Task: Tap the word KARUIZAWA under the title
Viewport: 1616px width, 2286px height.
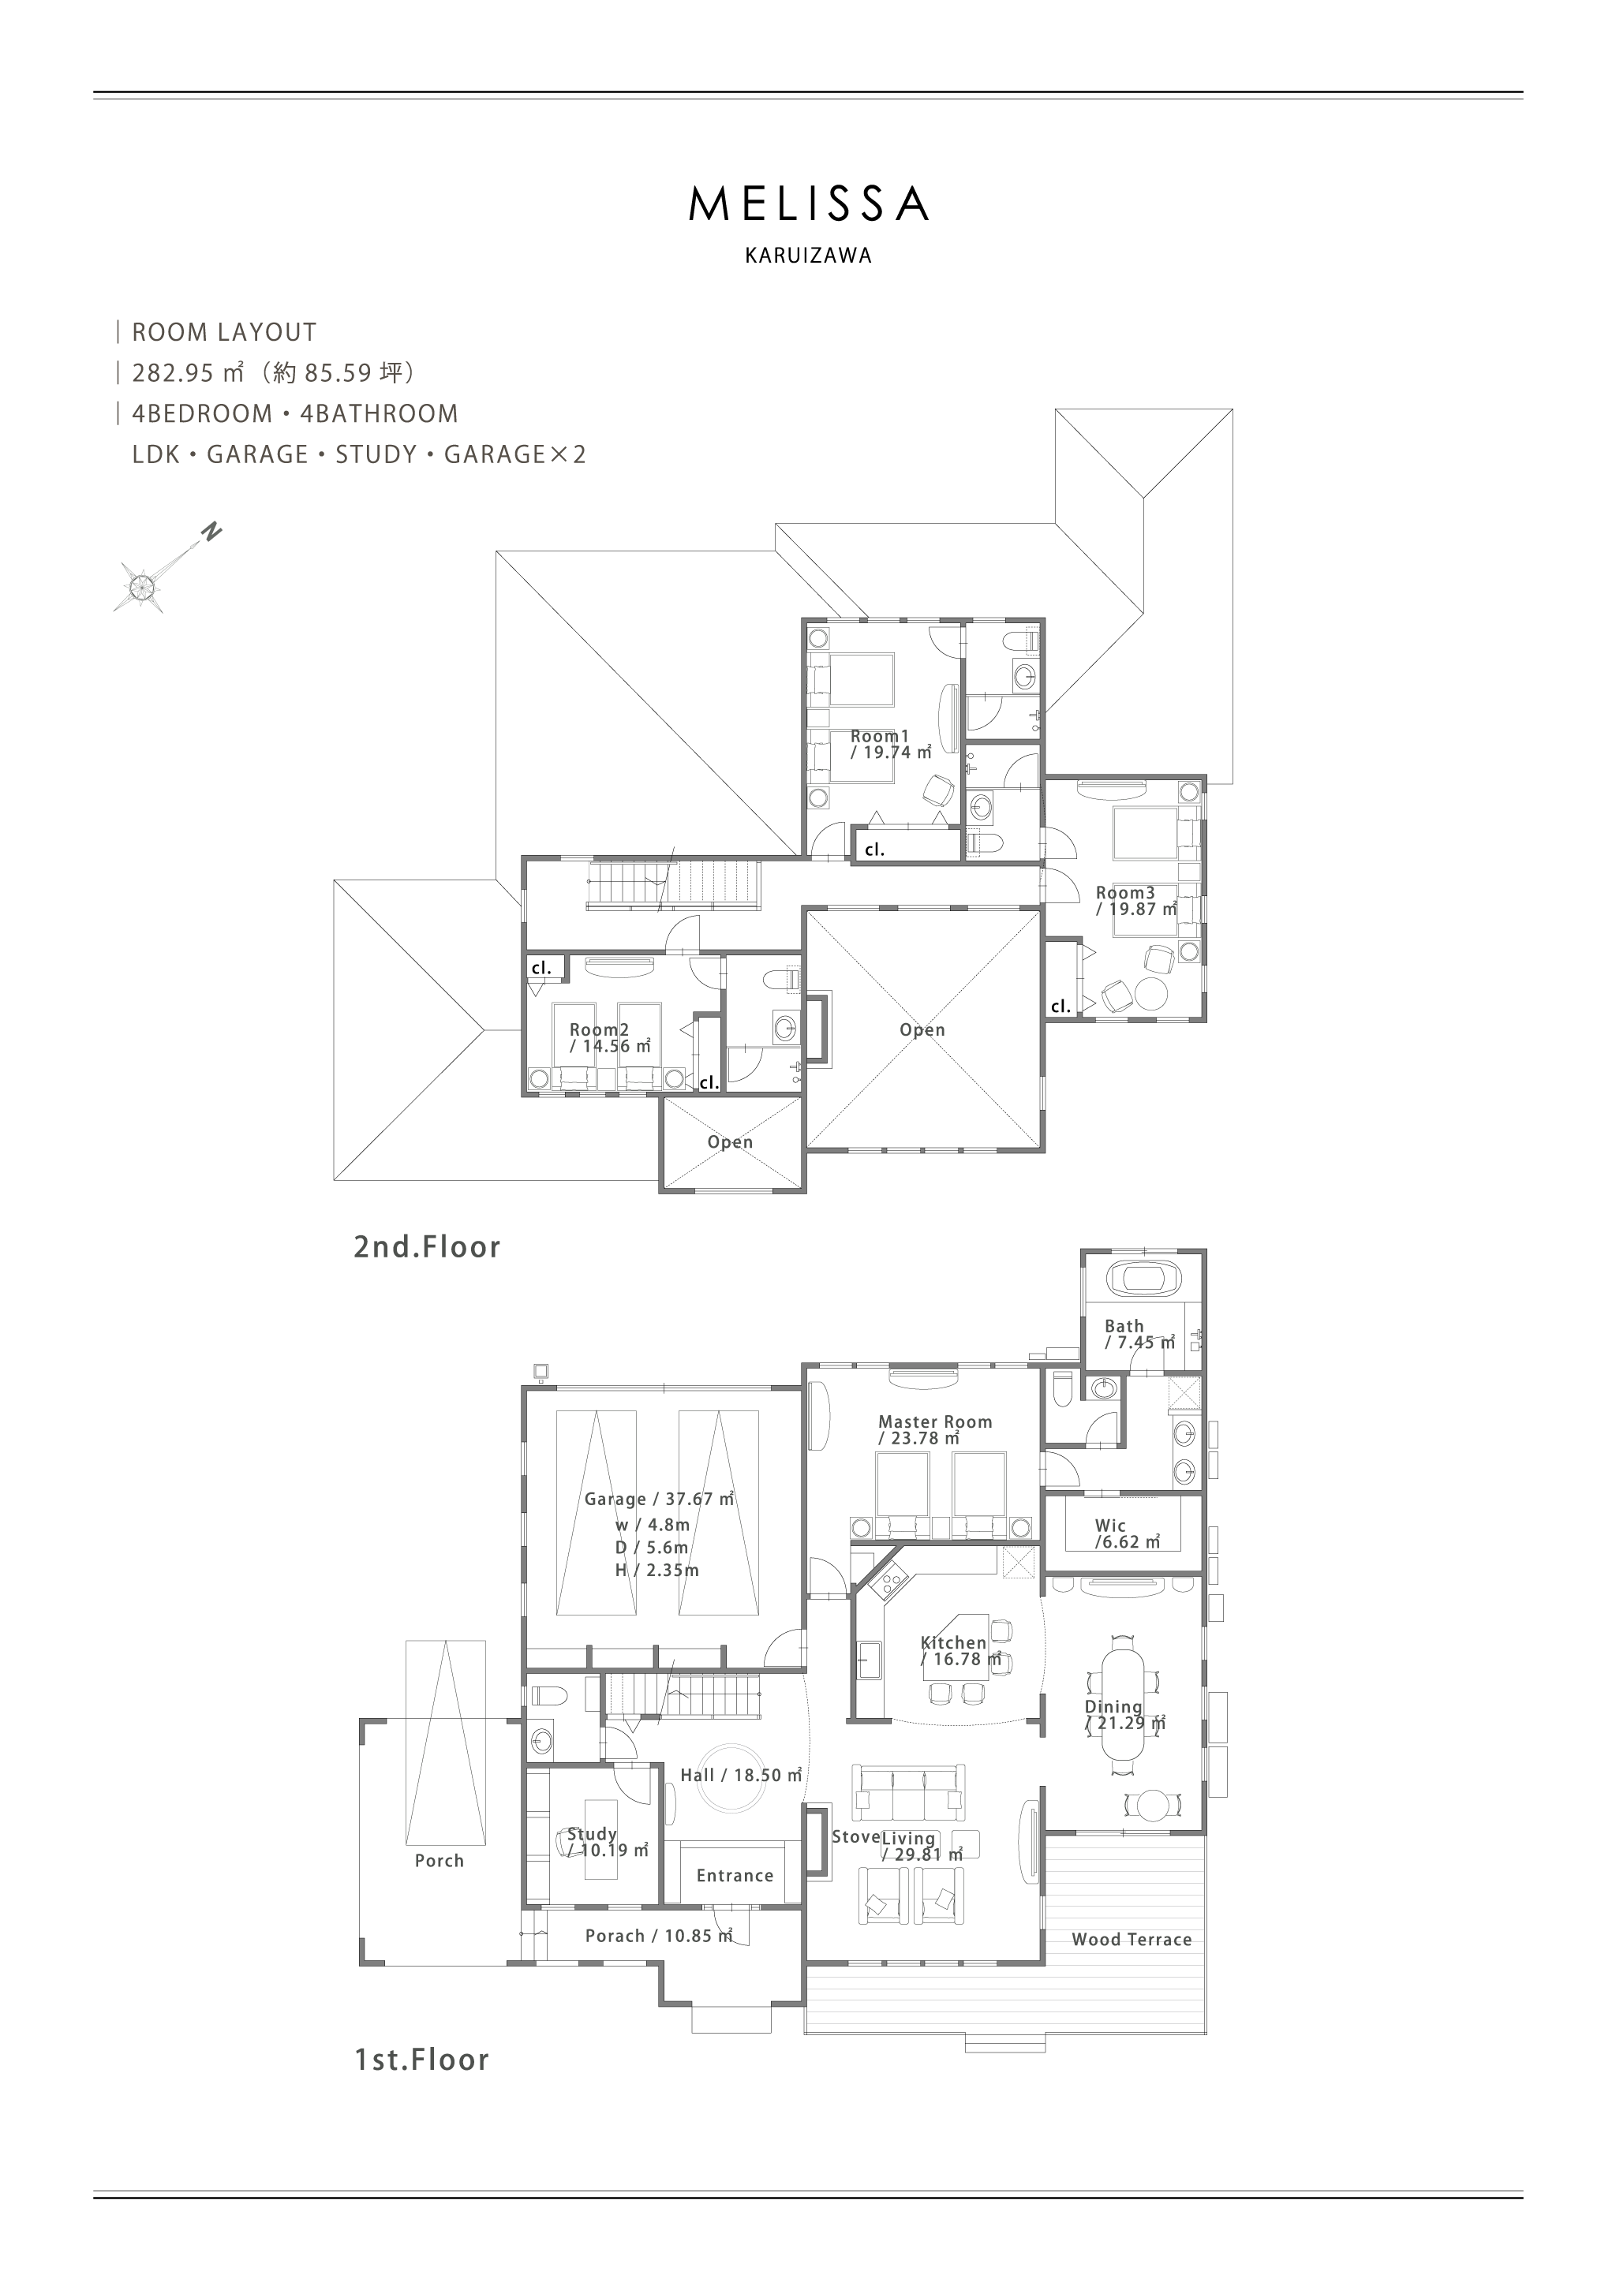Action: point(809,256)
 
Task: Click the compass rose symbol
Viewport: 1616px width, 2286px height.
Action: point(140,585)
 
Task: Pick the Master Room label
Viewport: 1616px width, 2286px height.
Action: point(935,1421)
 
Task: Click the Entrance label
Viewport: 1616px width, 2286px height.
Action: point(735,1876)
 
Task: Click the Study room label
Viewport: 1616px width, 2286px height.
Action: point(593,1834)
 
